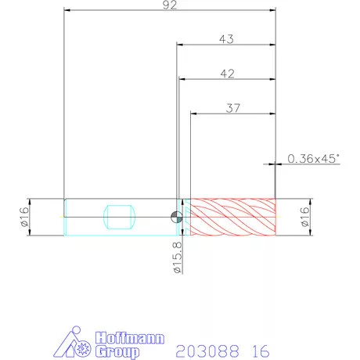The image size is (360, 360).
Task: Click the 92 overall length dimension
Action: pos(170,5)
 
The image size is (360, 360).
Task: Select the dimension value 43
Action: pos(226,39)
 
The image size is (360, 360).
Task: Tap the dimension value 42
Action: pos(227,74)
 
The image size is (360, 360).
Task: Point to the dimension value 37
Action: pos(233,108)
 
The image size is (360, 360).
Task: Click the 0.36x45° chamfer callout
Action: pos(314,158)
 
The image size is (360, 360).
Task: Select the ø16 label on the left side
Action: pos(24,217)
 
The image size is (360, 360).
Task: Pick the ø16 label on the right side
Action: pos(304,217)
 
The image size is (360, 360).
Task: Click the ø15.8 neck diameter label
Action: pos(178,257)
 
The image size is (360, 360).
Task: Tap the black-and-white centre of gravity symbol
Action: pos(177,217)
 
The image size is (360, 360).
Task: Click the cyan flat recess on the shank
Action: pos(120,217)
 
